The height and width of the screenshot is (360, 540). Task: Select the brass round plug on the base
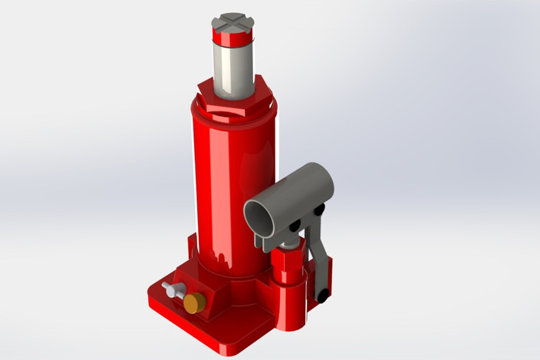(195, 302)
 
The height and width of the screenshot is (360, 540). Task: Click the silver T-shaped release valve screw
(173, 290)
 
